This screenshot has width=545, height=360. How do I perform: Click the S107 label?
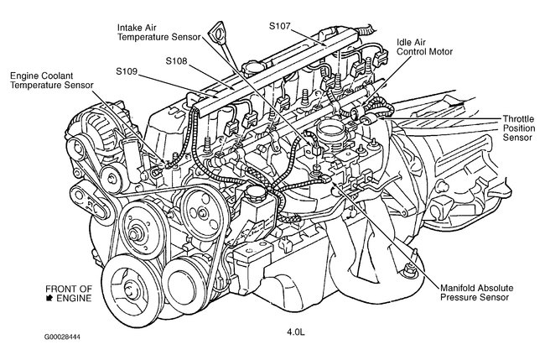(x=281, y=26)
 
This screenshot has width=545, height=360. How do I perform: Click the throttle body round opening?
(x=329, y=133)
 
